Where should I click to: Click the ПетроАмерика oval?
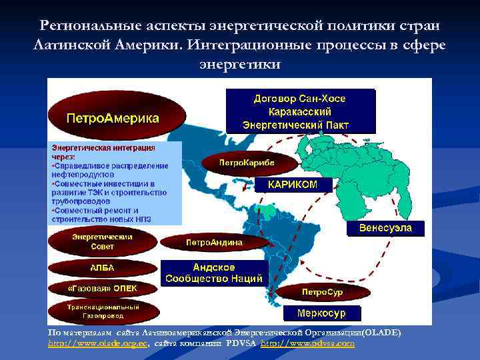[112, 118]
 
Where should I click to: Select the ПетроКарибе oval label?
[247, 163]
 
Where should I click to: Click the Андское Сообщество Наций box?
[214, 273]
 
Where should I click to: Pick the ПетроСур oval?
[323, 292]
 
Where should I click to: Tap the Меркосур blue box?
[323, 313]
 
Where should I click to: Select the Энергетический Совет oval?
[102, 241]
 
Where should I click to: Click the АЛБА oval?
[102, 268]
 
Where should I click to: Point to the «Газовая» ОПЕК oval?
[102, 289]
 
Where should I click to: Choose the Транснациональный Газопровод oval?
[102, 311]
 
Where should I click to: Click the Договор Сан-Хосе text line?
[299, 98]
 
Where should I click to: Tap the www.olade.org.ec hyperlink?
[97, 343]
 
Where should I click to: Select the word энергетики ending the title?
[240, 64]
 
